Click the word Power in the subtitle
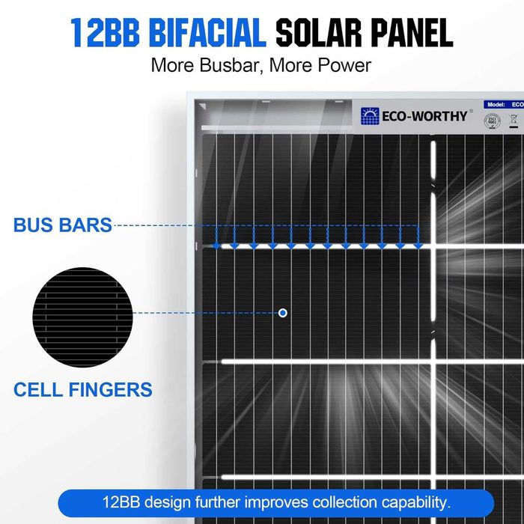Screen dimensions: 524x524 (341, 65)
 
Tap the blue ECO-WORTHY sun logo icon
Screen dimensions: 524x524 (370, 116)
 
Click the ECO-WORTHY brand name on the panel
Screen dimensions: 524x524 (424, 116)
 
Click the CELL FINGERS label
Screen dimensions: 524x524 (83, 389)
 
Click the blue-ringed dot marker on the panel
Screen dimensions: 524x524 (283, 313)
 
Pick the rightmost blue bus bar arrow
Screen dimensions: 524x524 (418, 244)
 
